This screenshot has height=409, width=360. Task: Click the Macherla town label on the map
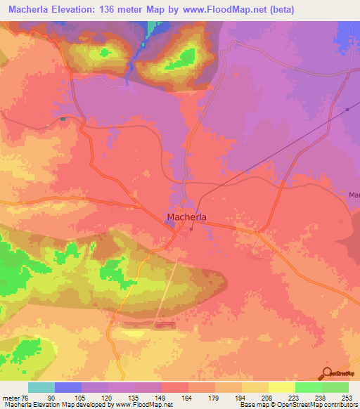[186, 217]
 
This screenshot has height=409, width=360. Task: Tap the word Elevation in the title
[83, 10]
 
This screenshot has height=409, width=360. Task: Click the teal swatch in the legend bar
[41, 387]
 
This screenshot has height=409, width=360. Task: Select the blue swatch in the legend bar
[68, 387]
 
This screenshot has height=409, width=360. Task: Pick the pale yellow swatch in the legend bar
[282, 387]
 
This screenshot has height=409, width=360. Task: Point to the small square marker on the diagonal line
[347, 109]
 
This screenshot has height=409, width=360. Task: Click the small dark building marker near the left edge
[63, 119]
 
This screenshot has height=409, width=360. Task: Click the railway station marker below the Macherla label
[191, 229]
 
